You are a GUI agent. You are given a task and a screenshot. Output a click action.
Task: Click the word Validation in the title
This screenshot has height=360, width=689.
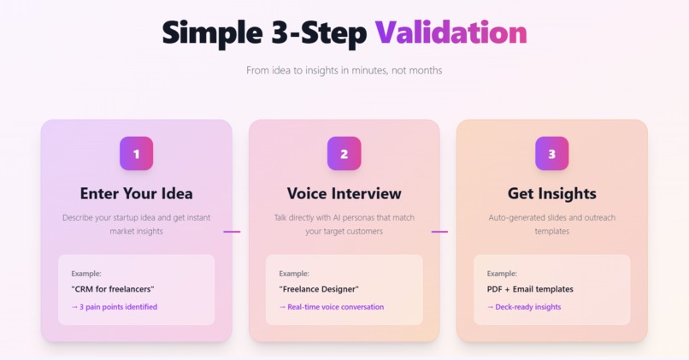(x=450, y=32)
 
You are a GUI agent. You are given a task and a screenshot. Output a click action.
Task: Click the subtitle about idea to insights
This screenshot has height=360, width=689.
(x=344, y=70)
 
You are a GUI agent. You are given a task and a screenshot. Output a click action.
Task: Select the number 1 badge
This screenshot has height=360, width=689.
(x=137, y=154)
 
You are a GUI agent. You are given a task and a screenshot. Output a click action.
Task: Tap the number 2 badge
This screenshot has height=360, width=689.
(x=344, y=154)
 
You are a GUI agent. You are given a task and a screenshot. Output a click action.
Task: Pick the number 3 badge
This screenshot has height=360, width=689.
(x=551, y=154)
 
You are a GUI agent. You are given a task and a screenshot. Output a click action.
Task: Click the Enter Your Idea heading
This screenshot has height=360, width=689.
(x=137, y=193)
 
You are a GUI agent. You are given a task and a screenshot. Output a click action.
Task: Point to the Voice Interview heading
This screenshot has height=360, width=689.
(x=344, y=193)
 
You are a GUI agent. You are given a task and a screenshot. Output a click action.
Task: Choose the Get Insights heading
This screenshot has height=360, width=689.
(x=551, y=193)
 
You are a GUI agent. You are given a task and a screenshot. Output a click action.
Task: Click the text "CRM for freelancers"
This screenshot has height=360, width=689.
(x=113, y=289)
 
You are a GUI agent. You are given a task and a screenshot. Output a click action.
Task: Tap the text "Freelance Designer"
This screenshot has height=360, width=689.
(x=319, y=289)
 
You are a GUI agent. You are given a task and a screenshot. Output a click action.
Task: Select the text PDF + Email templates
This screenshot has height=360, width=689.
(x=530, y=289)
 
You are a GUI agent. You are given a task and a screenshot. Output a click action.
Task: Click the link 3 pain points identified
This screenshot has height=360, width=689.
(x=115, y=307)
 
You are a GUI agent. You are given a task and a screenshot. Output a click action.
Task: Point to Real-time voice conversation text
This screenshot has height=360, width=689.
(x=332, y=307)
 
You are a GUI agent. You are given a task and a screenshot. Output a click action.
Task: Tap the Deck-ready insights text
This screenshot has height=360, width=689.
(x=524, y=307)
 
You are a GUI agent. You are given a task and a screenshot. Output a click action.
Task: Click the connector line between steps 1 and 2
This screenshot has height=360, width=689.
(x=232, y=231)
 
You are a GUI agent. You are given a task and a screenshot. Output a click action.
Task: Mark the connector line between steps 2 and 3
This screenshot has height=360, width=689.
(x=439, y=231)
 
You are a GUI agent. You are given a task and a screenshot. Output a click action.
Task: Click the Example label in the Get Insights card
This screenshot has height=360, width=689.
(x=502, y=274)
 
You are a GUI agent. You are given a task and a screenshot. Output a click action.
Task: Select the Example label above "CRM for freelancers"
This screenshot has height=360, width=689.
(x=86, y=274)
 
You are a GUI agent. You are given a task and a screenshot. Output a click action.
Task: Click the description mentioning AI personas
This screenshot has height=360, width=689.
(x=344, y=224)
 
